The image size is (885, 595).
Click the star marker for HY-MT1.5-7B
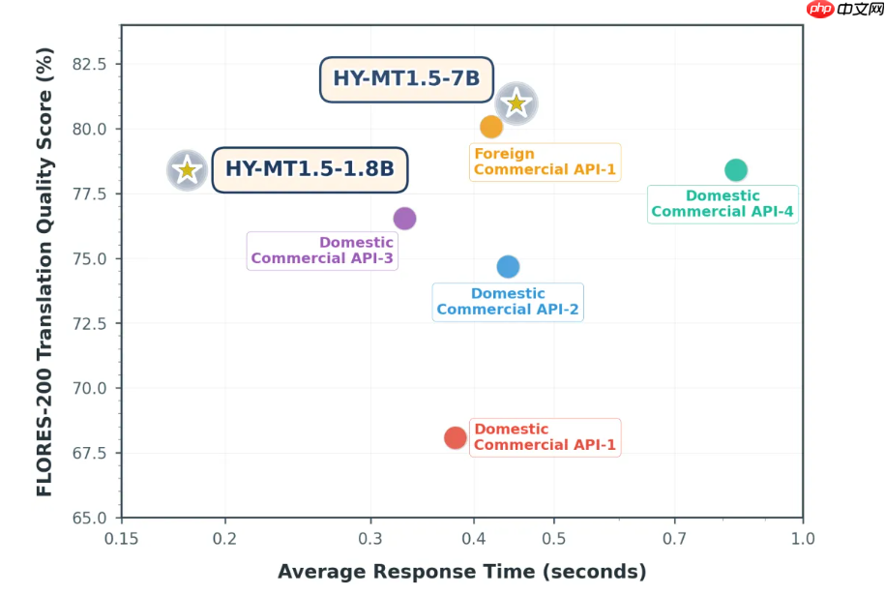[x=516, y=104]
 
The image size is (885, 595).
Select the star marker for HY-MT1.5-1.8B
[x=187, y=171]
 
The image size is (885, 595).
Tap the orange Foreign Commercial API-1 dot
[x=491, y=127]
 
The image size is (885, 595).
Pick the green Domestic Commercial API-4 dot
[x=736, y=170]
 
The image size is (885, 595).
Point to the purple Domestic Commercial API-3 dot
[x=404, y=219]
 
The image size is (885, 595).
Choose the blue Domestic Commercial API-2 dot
[x=508, y=266]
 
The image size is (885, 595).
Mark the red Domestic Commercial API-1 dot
[x=456, y=438]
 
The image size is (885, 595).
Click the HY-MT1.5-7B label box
[x=406, y=78]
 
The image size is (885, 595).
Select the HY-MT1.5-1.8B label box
[x=310, y=169]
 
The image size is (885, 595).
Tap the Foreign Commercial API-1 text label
[x=545, y=162]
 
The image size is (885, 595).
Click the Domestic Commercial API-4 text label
[x=723, y=204]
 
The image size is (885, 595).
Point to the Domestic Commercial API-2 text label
[x=508, y=302]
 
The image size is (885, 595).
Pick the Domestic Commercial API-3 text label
[x=322, y=251]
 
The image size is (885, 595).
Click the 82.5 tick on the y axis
[x=95, y=65]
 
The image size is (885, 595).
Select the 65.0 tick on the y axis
[x=95, y=518]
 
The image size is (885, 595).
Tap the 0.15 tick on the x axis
[x=122, y=538]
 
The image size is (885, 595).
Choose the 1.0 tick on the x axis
[x=802, y=538]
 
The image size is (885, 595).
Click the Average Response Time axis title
[x=461, y=572]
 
